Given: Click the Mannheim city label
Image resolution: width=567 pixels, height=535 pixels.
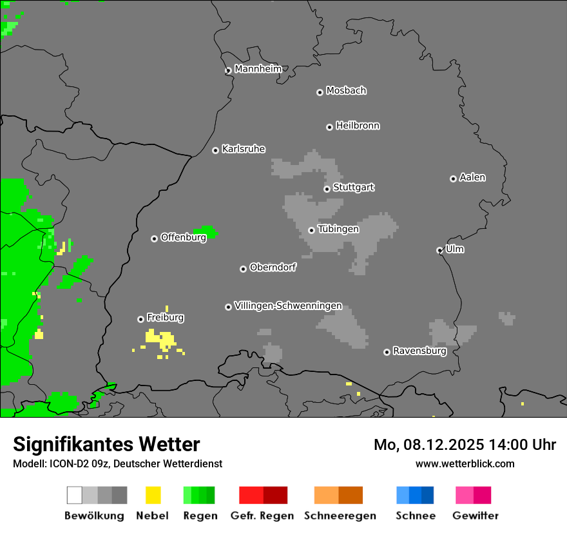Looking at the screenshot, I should pos(258,69).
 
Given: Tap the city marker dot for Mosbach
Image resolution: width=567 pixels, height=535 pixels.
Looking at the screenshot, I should pos(320,92).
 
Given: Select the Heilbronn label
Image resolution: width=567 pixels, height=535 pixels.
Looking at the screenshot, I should pos(358,126).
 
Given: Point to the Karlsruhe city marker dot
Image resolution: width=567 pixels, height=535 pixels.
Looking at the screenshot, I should pos(215,150).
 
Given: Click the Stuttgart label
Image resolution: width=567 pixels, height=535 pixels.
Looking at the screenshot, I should pos(354,188).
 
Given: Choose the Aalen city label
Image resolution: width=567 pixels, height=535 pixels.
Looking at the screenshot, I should pos(472,177).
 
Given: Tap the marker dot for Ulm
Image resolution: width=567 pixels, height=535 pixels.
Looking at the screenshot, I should pos(439,250).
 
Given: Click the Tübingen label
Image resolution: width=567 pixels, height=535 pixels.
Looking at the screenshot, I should pos(338,229).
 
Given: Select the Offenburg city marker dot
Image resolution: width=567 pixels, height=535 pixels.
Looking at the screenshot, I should pos(154,238).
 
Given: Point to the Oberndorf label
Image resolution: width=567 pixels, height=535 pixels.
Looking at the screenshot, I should pos(273,267).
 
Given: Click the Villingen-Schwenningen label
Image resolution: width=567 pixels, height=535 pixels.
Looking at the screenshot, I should pos(288,306).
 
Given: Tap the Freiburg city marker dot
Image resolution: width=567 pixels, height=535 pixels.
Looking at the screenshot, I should pos(140,319).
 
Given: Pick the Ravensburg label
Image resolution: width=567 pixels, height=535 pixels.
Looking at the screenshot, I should pos(419,351).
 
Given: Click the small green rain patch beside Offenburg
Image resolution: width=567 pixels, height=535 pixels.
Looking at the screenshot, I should pos(207,231).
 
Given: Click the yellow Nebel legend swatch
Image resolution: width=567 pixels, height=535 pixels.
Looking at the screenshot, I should pos(153,495).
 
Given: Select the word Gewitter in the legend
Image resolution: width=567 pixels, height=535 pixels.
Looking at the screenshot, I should pos(475,516).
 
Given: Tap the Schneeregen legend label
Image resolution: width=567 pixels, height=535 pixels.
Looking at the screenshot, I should pos(340,516).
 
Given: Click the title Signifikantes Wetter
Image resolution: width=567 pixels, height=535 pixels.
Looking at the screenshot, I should pos(106,444).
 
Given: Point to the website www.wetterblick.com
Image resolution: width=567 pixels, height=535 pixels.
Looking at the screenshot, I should pos(465,463).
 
